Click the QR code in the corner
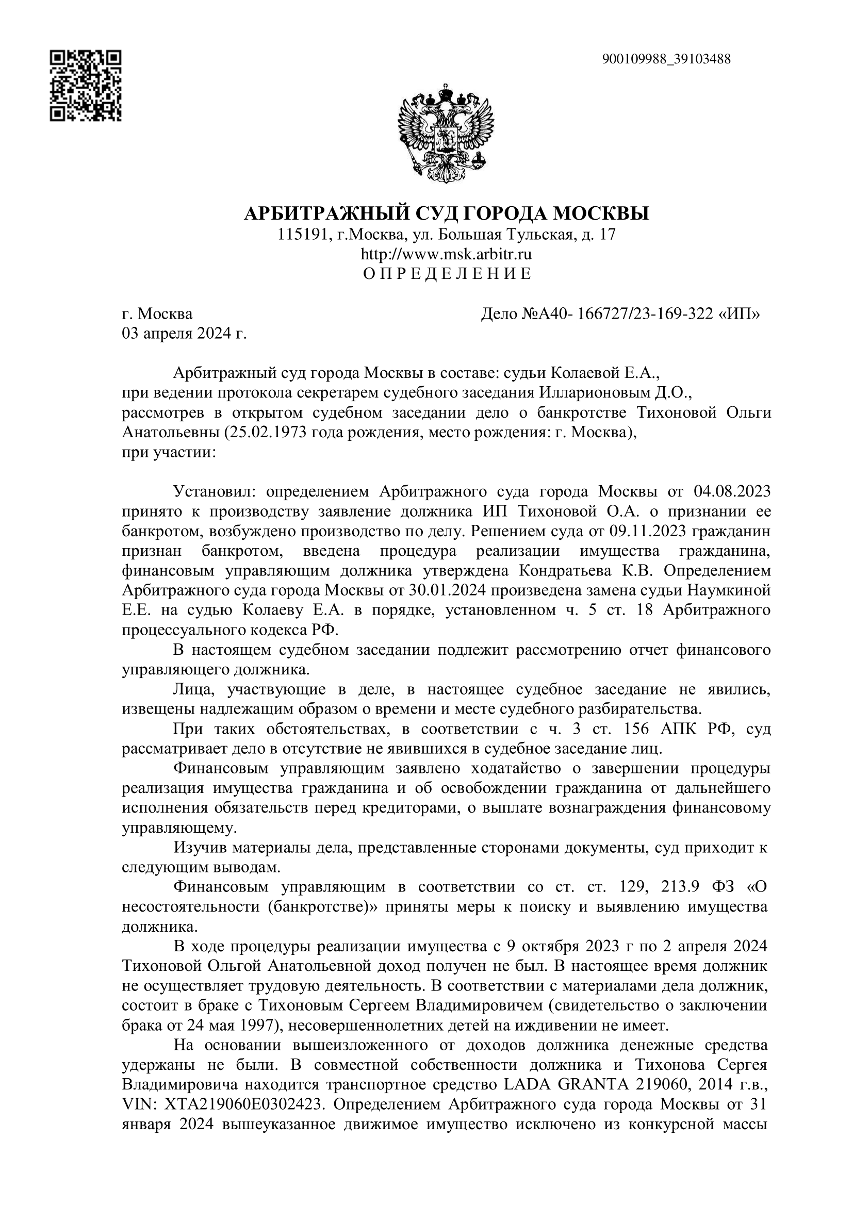(86, 86)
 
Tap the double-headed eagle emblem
(447, 133)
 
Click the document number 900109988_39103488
(666, 59)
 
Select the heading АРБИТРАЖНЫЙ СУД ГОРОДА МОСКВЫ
(447, 213)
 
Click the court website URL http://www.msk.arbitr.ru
(447, 255)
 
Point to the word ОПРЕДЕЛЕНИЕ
(448, 274)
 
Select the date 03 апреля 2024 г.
(184, 334)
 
